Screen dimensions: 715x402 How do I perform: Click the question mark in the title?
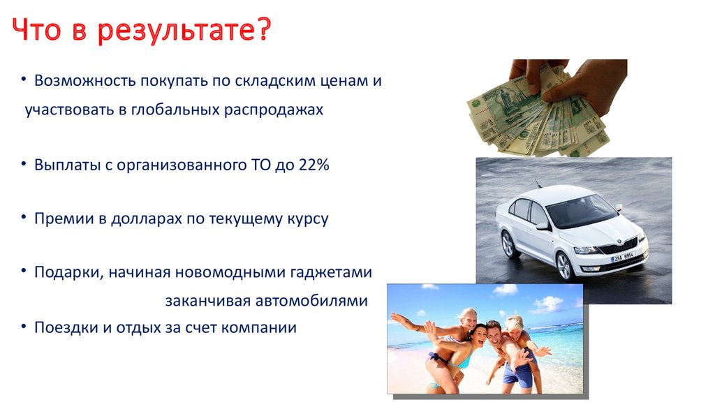pos(261,28)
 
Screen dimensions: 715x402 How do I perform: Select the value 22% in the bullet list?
pos(314,165)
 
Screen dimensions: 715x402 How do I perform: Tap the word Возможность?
pos(85,80)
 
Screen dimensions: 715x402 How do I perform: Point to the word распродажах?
pos(274,110)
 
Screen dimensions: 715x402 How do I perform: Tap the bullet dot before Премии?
pos(24,217)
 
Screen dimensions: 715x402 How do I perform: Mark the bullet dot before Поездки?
pos(24,326)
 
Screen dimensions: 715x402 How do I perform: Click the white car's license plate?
pos(623,256)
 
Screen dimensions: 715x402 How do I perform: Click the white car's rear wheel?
pos(508,244)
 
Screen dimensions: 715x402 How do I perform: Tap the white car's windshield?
pos(582,211)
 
